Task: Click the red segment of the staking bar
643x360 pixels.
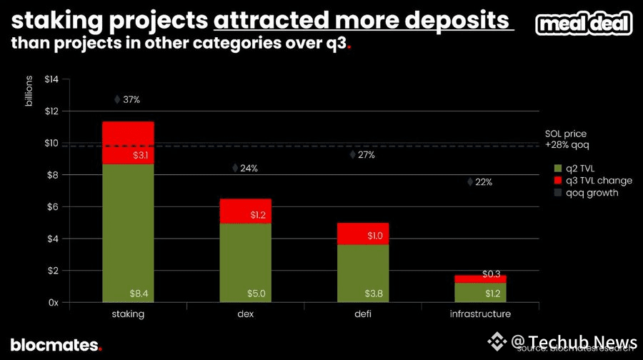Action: pos(128,143)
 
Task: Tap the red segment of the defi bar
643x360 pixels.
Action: pos(362,234)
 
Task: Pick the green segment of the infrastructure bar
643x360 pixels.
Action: pos(479,293)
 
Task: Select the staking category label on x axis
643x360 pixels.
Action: pos(128,314)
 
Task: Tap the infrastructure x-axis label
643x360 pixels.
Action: pos(479,314)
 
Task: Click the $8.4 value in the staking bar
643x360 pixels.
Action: pos(139,294)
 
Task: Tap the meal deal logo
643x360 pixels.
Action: pos(584,24)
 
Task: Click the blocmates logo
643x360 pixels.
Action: pos(56,345)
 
